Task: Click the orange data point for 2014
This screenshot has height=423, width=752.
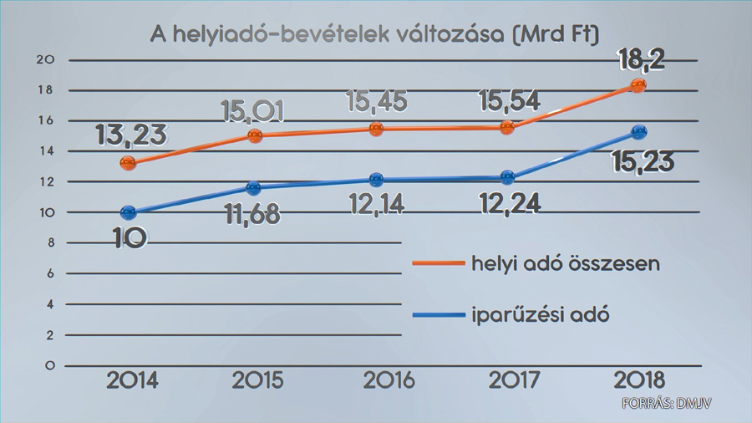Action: click(128, 163)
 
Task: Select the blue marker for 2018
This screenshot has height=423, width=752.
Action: click(639, 132)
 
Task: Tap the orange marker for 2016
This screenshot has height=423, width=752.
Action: click(376, 129)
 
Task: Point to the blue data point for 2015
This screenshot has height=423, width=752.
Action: click(254, 188)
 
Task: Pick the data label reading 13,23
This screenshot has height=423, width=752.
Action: click(132, 135)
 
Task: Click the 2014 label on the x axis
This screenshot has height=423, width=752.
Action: click(132, 380)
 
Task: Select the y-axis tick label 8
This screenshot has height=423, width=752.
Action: click(49, 243)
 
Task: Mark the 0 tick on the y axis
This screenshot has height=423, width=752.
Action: click(49, 365)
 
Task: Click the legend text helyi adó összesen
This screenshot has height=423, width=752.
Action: click(566, 263)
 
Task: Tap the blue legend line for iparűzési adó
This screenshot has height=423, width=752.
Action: click(439, 315)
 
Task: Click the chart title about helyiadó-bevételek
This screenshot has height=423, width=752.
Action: click(375, 34)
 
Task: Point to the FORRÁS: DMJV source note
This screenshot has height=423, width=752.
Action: click(667, 405)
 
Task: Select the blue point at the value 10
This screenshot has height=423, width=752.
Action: click(128, 213)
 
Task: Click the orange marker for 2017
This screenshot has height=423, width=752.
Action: click(507, 128)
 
